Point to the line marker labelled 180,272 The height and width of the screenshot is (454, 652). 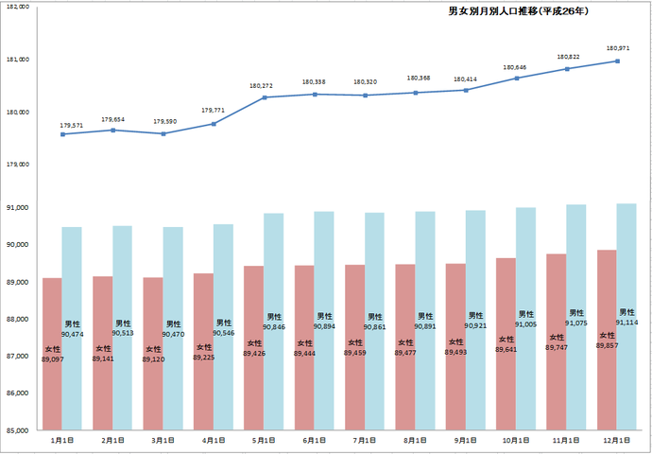click(x=265, y=97)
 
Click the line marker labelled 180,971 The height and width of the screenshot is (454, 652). click(x=617, y=61)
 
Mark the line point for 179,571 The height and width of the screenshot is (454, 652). click(x=62, y=134)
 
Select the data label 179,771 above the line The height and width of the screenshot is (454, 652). click(x=214, y=112)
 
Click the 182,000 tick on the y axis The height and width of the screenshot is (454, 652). click(x=18, y=8)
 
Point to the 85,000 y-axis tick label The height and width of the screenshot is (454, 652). click(x=18, y=430)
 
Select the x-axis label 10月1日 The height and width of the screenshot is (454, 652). click(x=516, y=441)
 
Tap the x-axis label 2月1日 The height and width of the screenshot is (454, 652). click(x=112, y=441)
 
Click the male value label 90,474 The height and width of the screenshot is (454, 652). click(x=72, y=334)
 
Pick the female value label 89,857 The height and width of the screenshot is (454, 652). click(x=607, y=346)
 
